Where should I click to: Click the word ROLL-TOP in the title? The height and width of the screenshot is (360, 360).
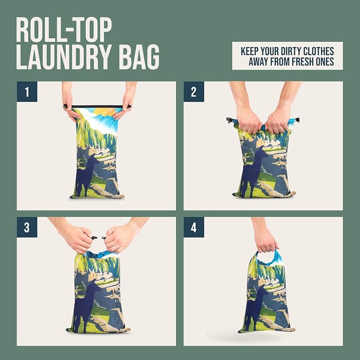pyautogui.click(x=64, y=30)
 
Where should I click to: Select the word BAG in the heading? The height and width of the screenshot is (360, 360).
pyautogui.click(x=139, y=57)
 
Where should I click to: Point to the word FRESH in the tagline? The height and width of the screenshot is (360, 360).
pyautogui.click(x=303, y=62)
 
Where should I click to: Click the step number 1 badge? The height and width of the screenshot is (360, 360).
pyautogui.click(x=27, y=92)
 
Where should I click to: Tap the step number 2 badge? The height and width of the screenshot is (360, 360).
pyautogui.click(x=194, y=92)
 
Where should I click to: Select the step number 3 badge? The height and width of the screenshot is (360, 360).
pyautogui.click(x=27, y=227)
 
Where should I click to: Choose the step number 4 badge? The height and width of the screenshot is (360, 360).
pyautogui.click(x=194, y=227)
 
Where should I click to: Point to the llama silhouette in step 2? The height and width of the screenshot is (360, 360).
pyautogui.click(x=253, y=171)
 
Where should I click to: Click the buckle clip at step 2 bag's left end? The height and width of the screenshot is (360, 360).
pyautogui.click(x=229, y=120)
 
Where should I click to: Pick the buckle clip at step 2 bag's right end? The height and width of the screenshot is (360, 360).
pyautogui.click(x=297, y=120)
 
